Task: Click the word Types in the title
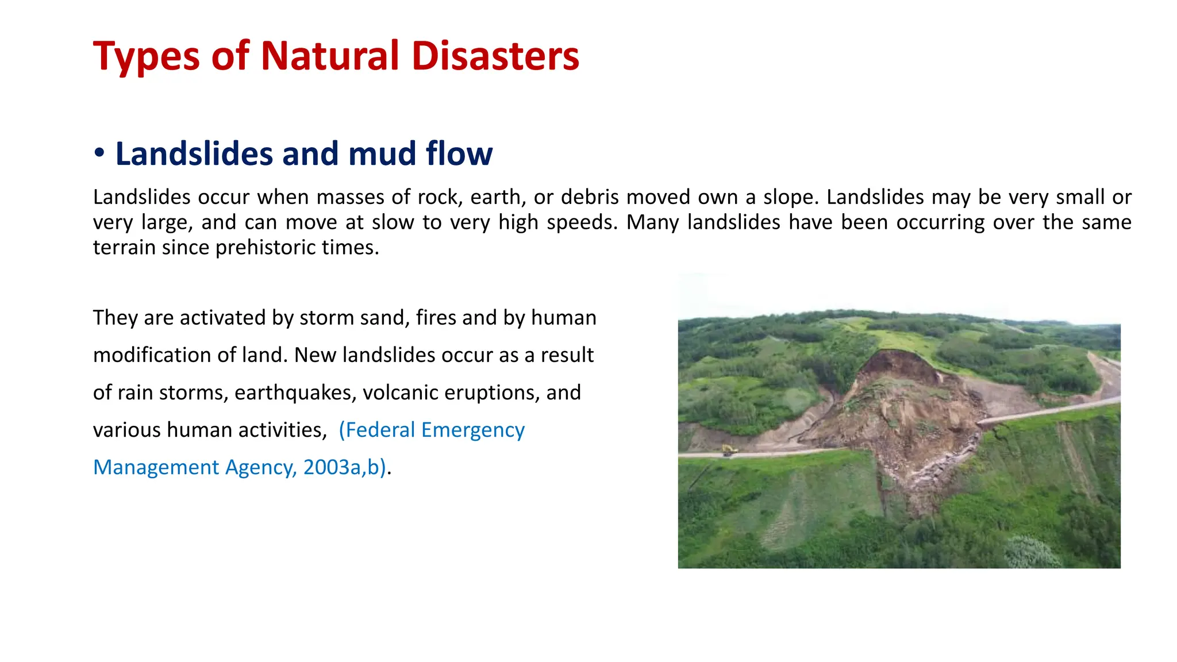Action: click(146, 56)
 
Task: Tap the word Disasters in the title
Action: click(495, 56)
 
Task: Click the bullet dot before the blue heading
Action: click(99, 153)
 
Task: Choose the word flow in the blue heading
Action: click(459, 154)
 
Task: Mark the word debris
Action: click(589, 197)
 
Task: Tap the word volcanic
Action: click(400, 392)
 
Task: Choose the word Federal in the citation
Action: click(379, 430)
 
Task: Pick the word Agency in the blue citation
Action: click(260, 467)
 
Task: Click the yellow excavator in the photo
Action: click(729, 449)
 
